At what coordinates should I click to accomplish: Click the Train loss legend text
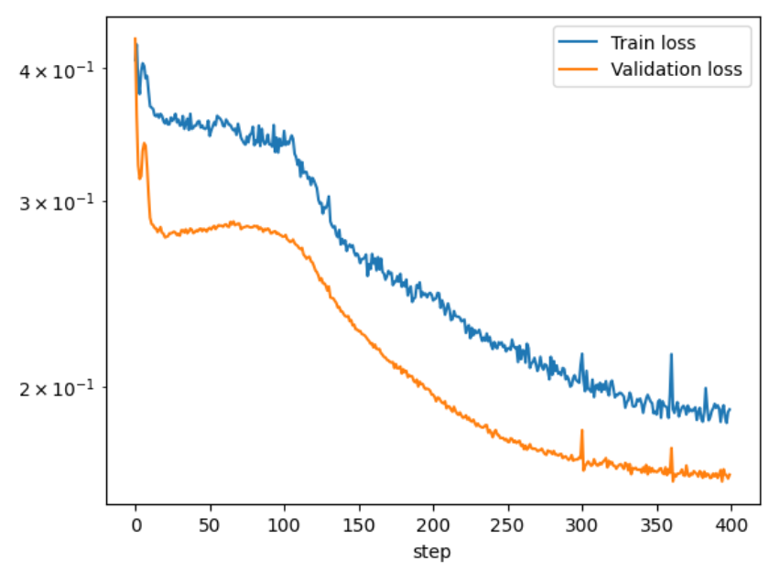pos(653,43)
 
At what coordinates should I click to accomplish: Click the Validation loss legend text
pos(676,69)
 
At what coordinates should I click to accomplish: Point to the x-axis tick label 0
pos(135,527)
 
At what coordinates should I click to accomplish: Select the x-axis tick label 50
pos(211,527)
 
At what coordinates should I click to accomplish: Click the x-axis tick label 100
pos(285,527)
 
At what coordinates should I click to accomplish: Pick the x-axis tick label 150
pos(359,527)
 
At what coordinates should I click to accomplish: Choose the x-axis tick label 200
pos(433,527)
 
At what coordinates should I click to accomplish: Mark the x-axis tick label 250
pos(508,527)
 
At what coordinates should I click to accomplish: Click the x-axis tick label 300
pos(582,527)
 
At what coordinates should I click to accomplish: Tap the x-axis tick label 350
pos(656,527)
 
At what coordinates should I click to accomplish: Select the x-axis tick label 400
pos(731,527)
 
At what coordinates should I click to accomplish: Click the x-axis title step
pos(432,553)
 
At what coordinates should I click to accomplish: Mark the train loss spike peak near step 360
pos(671,354)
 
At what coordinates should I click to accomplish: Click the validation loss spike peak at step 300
pos(582,430)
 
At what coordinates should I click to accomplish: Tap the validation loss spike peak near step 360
pos(671,448)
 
